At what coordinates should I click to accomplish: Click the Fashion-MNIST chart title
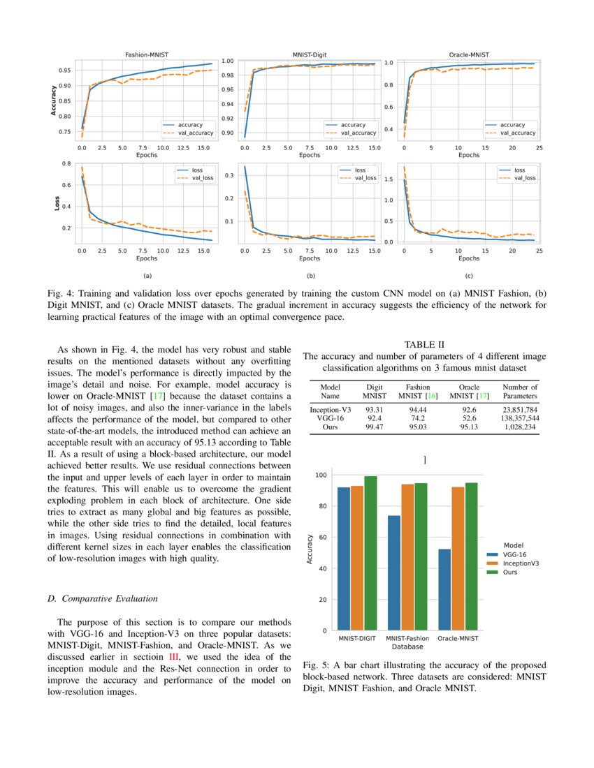click(146, 54)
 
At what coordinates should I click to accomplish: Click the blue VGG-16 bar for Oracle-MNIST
click(445, 590)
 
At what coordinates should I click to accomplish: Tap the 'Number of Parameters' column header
click(520, 391)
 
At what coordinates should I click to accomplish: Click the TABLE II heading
click(424, 344)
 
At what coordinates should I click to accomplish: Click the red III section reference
click(175, 657)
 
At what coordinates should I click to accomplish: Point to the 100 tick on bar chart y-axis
click(321, 475)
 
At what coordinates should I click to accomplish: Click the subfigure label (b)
click(310, 276)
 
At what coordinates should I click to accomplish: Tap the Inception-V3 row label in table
click(331, 408)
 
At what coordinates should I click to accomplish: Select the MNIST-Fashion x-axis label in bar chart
click(407, 638)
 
